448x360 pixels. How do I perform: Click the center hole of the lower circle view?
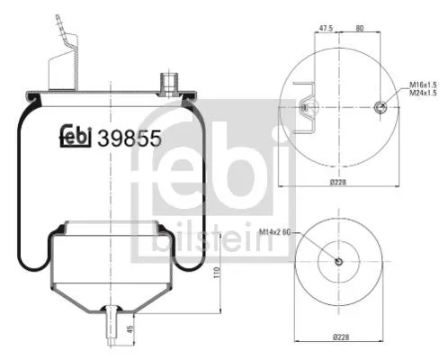pyautogui.click(x=339, y=262)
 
